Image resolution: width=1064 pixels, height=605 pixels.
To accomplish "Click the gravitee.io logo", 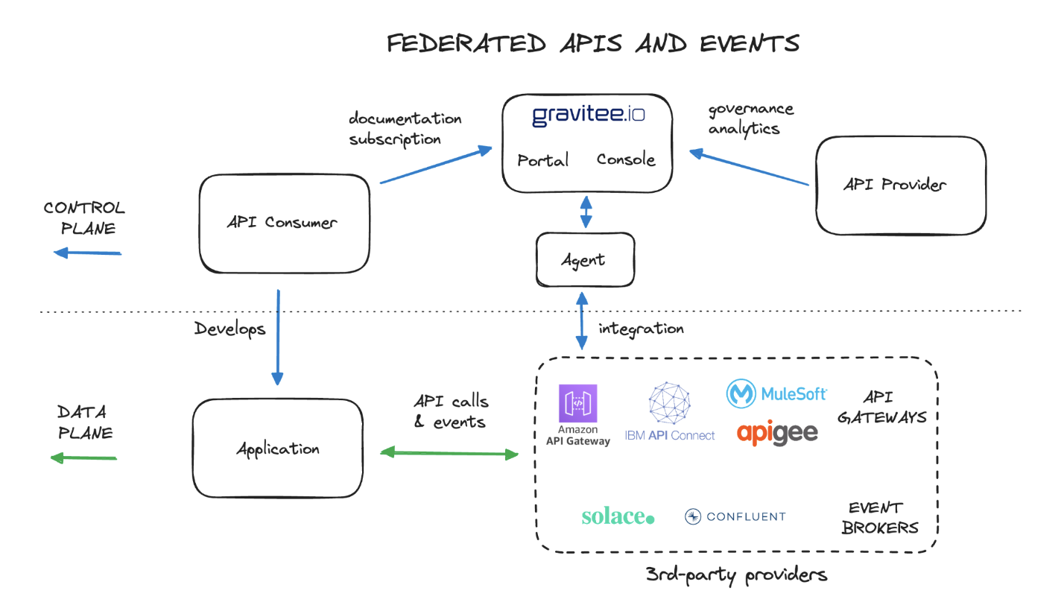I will pyautogui.click(x=588, y=116).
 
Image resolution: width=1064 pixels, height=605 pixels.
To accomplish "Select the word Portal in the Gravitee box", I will pyautogui.click(x=542, y=160).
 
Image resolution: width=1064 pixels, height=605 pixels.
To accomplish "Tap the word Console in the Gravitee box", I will pyautogui.click(x=626, y=159).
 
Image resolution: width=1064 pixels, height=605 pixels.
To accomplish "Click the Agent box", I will pyautogui.click(x=585, y=260).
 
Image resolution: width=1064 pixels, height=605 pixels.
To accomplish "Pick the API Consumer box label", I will pyautogui.click(x=282, y=222).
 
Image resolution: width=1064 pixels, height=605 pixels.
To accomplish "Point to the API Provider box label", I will pyautogui.click(x=895, y=184).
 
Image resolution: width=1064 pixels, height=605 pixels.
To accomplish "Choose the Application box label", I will pyautogui.click(x=278, y=449).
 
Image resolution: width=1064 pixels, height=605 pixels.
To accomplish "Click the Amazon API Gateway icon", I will pyautogui.click(x=578, y=404).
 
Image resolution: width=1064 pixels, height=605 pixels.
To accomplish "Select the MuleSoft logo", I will pyautogui.click(x=776, y=393).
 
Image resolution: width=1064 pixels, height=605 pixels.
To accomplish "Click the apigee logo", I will pyautogui.click(x=777, y=432).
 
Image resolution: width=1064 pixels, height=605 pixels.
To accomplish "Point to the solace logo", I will pyautogui.click(x=618, y=516).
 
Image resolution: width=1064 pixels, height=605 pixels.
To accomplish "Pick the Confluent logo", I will pyautogui.click(x=735, y=516).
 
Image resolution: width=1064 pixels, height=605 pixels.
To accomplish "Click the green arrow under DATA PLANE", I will pyautogui.click(x=83, y=457).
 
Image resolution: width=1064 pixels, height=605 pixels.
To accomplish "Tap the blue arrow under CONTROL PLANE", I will pyautogui.click(x=87, y=253).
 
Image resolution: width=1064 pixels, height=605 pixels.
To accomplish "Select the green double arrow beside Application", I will pyautogui.click(x=449, y=452).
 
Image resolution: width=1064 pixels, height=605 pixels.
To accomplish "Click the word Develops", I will pyautogui.click(x=229, y=329).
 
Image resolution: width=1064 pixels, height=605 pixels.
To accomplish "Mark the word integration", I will pyautogui.click(x=641, y=328).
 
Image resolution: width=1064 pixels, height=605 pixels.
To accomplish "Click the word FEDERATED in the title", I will pyautogui.click(x=466, y=43).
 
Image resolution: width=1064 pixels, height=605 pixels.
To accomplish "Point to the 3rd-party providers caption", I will pyautogui.click(x=736, y=574).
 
